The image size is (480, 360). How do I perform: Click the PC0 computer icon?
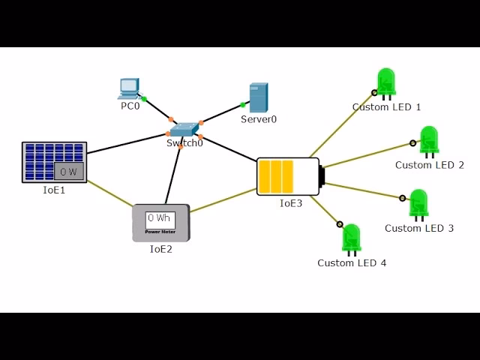coord(128,88)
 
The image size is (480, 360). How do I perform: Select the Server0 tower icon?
coord(259,97)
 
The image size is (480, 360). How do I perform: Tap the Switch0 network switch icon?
coord(185,129)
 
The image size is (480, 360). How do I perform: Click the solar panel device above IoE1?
coord(54,162)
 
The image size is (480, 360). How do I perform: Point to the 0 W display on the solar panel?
coord(68,172)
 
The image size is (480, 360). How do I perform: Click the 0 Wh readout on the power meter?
coord(160,218)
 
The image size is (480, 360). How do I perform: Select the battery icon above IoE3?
coord(288,176)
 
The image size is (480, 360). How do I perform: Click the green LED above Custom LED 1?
coord(386,83)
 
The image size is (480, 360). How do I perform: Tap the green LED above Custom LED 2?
coord(429,141)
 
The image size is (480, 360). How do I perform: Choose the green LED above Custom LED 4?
coord(351,238)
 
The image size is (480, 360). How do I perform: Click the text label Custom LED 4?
coord(352,263)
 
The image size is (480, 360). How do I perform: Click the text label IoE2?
coord(160,250)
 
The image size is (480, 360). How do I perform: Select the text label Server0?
coord(259,119)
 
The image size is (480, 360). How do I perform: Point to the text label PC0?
coord(130,106)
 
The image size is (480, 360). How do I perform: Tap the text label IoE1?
coord(54,190)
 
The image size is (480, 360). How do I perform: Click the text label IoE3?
coord(291,203)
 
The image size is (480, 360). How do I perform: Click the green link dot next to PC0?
coord(144,98)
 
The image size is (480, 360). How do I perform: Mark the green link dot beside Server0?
coord(243,104)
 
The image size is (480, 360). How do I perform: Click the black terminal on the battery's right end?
coord(322,176)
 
